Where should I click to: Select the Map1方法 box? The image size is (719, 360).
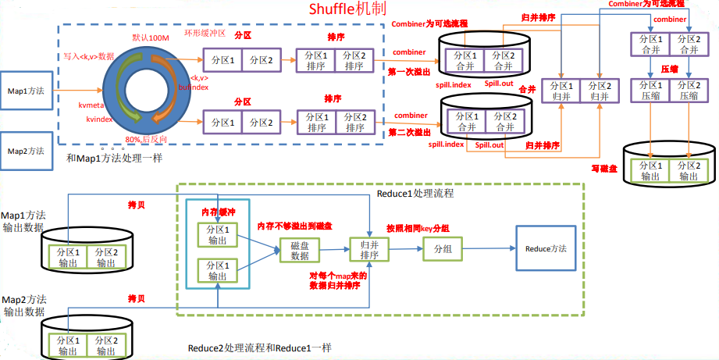[25, 91]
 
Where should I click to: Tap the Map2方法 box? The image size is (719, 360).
[25, 150]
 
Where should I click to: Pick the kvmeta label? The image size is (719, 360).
[92, 104]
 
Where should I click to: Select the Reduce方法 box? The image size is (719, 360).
[545, 248]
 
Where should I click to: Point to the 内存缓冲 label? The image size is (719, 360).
[219, 212]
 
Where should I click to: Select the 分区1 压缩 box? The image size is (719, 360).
[649, 90]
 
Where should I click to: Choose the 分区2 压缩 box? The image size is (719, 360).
[687, 90]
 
